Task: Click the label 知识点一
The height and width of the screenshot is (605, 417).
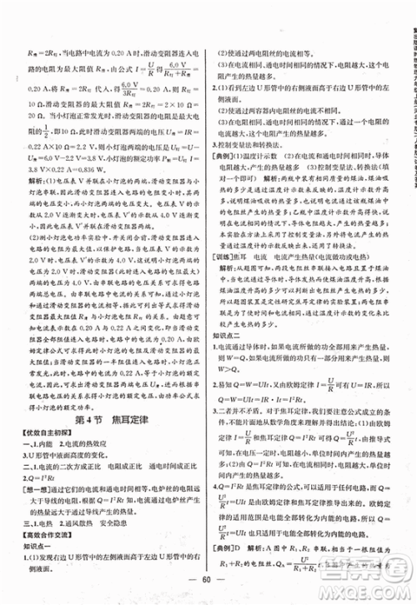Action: pyautogui.click(x=37, y=523)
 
